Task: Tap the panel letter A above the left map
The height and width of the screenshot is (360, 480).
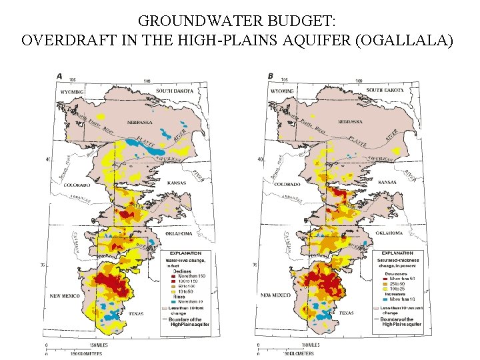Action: pos(59,75)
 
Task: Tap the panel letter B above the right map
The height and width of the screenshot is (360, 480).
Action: pos(271,75)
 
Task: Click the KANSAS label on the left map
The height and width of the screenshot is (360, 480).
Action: pos(171,182)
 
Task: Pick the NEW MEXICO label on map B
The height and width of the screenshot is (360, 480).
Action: pos(275,295)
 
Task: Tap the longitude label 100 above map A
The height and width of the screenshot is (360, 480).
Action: pos(147,81)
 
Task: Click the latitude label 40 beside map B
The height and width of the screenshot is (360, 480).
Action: pos(261,159)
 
